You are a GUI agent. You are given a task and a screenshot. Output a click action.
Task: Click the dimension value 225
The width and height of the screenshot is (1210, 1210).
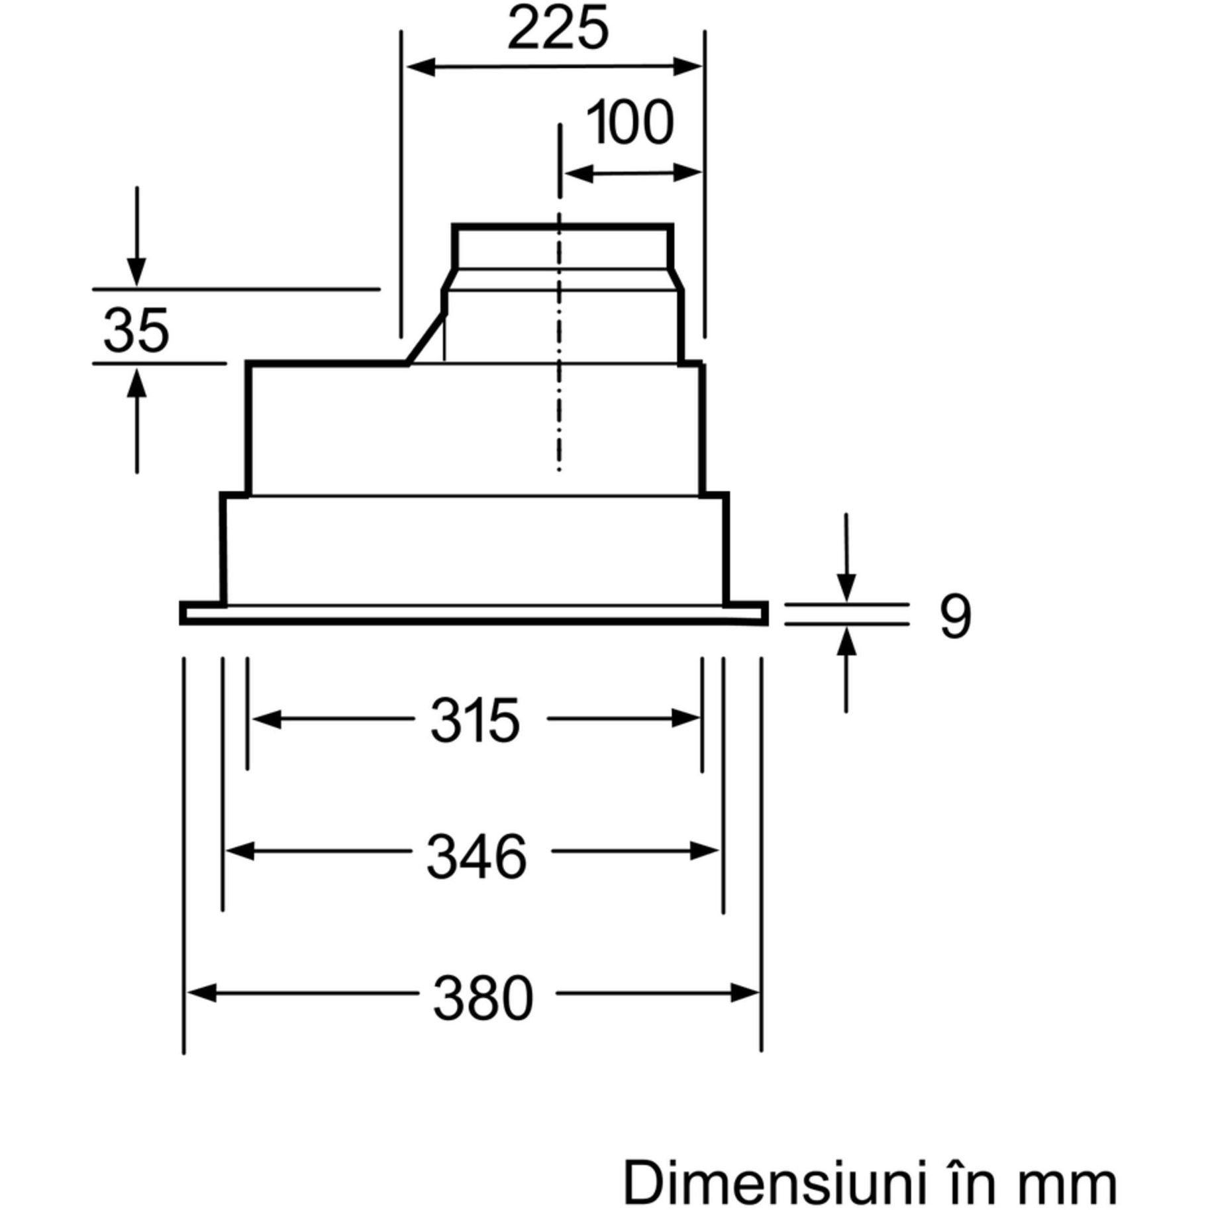(x=557, y=29)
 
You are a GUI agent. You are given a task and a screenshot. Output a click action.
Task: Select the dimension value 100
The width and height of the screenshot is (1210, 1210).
(x=630, y=123)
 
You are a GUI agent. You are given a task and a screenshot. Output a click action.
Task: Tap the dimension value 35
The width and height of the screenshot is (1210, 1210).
(x=136, y=330)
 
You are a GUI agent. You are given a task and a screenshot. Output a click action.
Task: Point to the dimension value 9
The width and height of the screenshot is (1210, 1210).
(x=955, y=616)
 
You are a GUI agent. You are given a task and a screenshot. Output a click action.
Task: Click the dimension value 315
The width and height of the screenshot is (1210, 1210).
(x=475, y=721)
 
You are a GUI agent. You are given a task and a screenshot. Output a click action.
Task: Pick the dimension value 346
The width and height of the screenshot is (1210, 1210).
(x=476, y=857)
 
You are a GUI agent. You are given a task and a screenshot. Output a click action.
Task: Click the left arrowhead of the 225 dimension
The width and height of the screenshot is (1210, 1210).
(x=419, y=67)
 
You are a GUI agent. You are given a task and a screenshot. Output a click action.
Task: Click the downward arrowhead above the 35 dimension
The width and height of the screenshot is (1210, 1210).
(x=137, y=272)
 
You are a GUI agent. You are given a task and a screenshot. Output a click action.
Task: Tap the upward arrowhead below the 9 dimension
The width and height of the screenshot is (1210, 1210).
(x=846, y=641)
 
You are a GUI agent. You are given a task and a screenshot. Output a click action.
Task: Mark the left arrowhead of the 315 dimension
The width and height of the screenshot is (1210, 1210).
(x=265, y=719)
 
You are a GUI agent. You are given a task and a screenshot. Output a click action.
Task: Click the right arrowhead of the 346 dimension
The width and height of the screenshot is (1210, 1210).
(x=706, y=851)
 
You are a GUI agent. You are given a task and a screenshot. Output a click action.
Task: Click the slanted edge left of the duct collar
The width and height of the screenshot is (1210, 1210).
(x=425, y=338)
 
